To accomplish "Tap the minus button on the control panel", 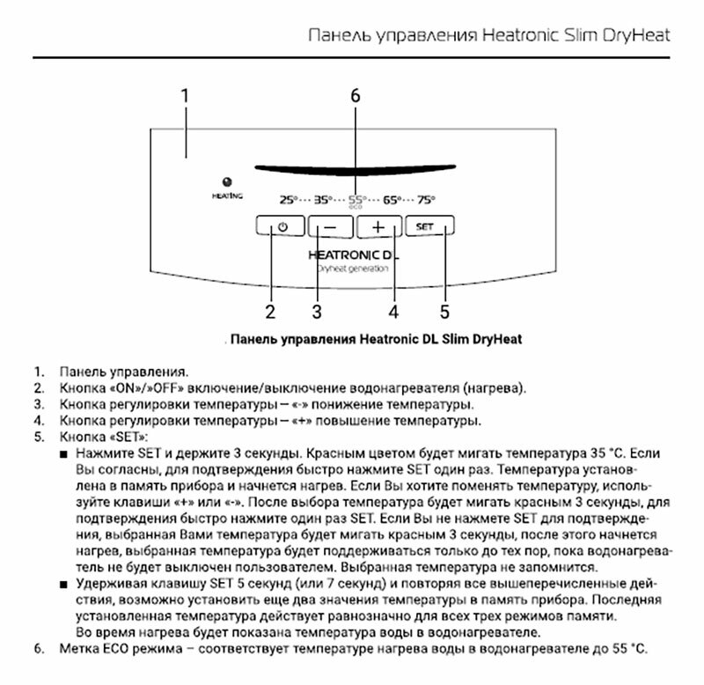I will (x=329, y=226).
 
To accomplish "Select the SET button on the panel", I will (x=430, y=226).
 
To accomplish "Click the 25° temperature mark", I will (x=290, y=199).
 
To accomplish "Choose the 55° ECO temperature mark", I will (x=356, y=200).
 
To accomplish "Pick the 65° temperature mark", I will (x=392, y=199).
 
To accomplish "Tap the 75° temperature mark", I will (x=426, y=199).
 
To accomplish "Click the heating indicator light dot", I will (x=227, y=180).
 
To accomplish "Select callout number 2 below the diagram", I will (x=271, y=311).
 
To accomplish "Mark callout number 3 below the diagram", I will (x=318, y=311).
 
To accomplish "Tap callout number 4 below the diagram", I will (x=394, y=311).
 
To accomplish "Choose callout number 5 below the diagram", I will (x=444, y=311).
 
